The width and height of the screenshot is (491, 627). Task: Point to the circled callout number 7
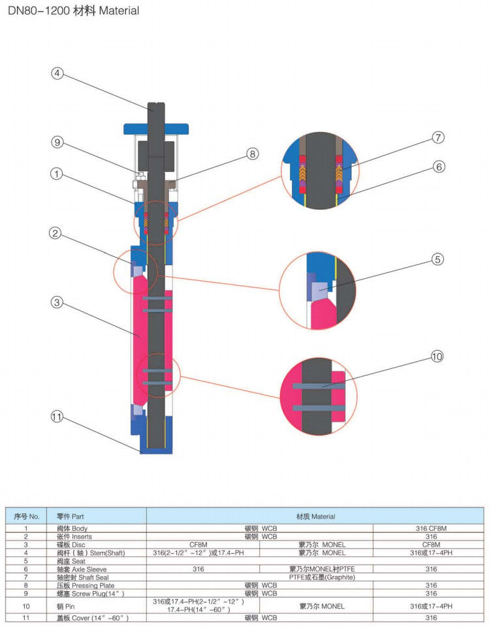click(438, 138)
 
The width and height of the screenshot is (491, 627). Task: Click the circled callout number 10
click(437, 357)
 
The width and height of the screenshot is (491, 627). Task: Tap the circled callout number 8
click(252, 154)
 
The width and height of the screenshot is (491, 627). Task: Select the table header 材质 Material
click(315, 516)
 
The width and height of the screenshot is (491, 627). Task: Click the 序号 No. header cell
click(27, 516)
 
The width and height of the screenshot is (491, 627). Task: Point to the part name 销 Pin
click(66, 605)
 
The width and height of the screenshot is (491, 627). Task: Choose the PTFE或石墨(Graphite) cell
click(315, 577)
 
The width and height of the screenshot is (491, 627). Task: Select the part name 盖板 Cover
click(92, 617)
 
